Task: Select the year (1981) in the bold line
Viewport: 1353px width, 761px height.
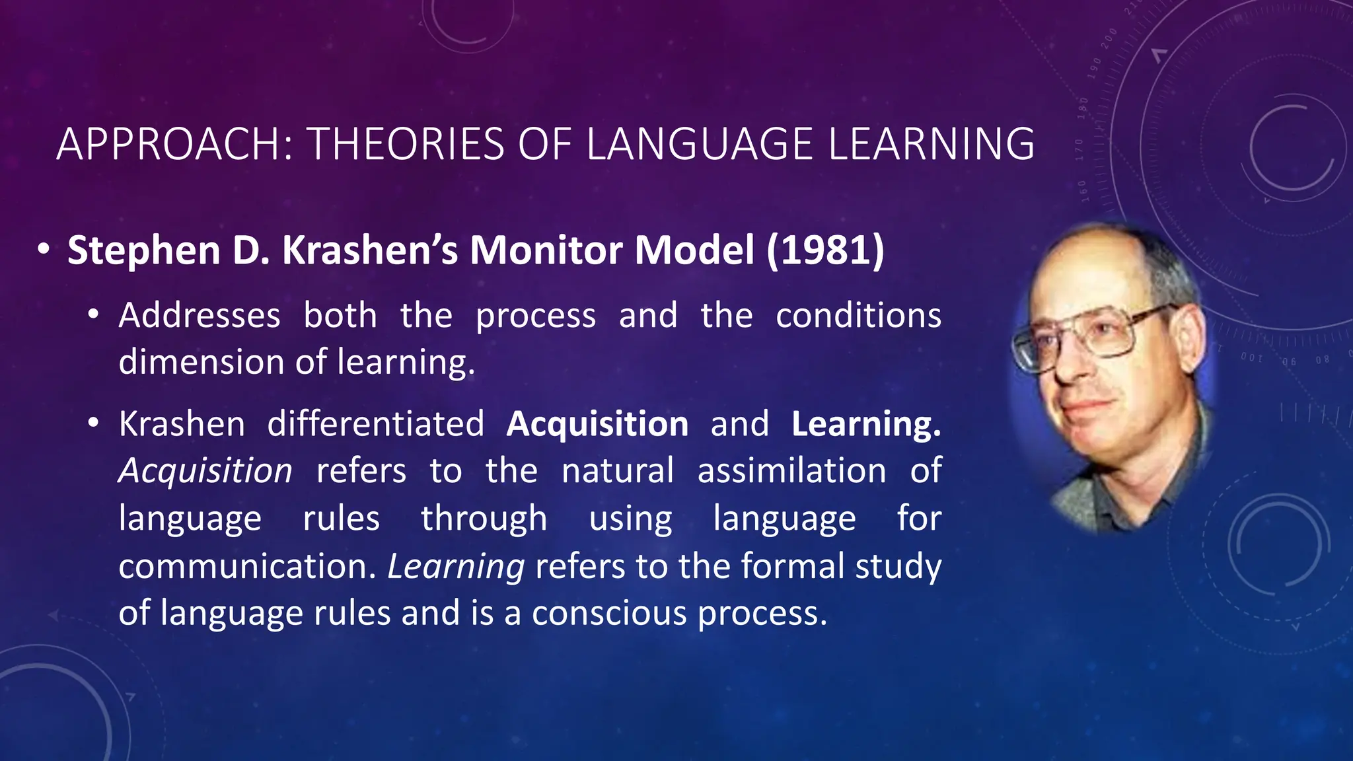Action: point(825,251)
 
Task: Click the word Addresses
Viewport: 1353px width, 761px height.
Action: point(200,316)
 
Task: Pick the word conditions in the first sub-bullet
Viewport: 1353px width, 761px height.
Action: point(858,316)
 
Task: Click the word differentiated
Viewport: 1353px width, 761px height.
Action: point(375,424)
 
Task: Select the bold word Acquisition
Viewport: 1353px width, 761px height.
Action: point(597,425)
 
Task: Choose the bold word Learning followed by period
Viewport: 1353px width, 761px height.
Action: point(866,425)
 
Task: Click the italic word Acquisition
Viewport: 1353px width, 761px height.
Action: point(205,472)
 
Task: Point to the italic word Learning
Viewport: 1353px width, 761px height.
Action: point(456,567)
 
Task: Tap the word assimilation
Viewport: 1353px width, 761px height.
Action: point(791,472)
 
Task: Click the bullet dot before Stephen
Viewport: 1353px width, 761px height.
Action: point(44,250)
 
